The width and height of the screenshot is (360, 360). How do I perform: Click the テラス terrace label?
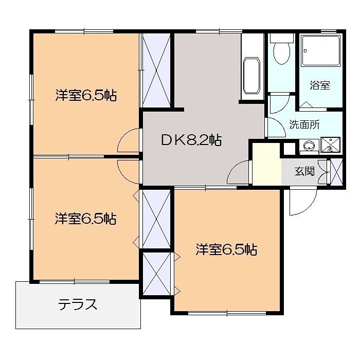78,304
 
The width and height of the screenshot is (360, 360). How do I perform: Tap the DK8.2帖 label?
191,140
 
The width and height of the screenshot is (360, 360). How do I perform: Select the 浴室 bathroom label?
319,85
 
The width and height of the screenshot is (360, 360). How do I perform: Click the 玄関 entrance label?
304,171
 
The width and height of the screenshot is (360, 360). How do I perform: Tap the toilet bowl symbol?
281,52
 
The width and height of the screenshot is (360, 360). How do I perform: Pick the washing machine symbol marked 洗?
328,146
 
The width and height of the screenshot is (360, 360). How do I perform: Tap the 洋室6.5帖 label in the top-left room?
86,95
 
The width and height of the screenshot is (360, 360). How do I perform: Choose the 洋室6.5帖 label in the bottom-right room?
226,250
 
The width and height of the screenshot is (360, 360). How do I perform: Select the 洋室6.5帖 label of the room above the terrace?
86,219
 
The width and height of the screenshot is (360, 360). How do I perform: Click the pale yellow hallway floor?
266,164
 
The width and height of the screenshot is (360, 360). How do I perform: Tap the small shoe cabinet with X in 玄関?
336,172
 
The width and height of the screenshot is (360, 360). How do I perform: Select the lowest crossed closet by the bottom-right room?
156,273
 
